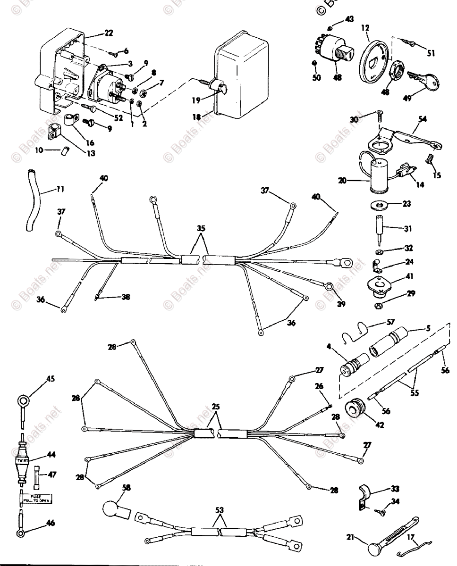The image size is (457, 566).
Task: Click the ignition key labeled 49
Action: click(419, 79)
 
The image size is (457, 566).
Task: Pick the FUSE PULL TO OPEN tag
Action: click(36, 499)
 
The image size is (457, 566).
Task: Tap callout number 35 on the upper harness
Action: click(201, 227)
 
